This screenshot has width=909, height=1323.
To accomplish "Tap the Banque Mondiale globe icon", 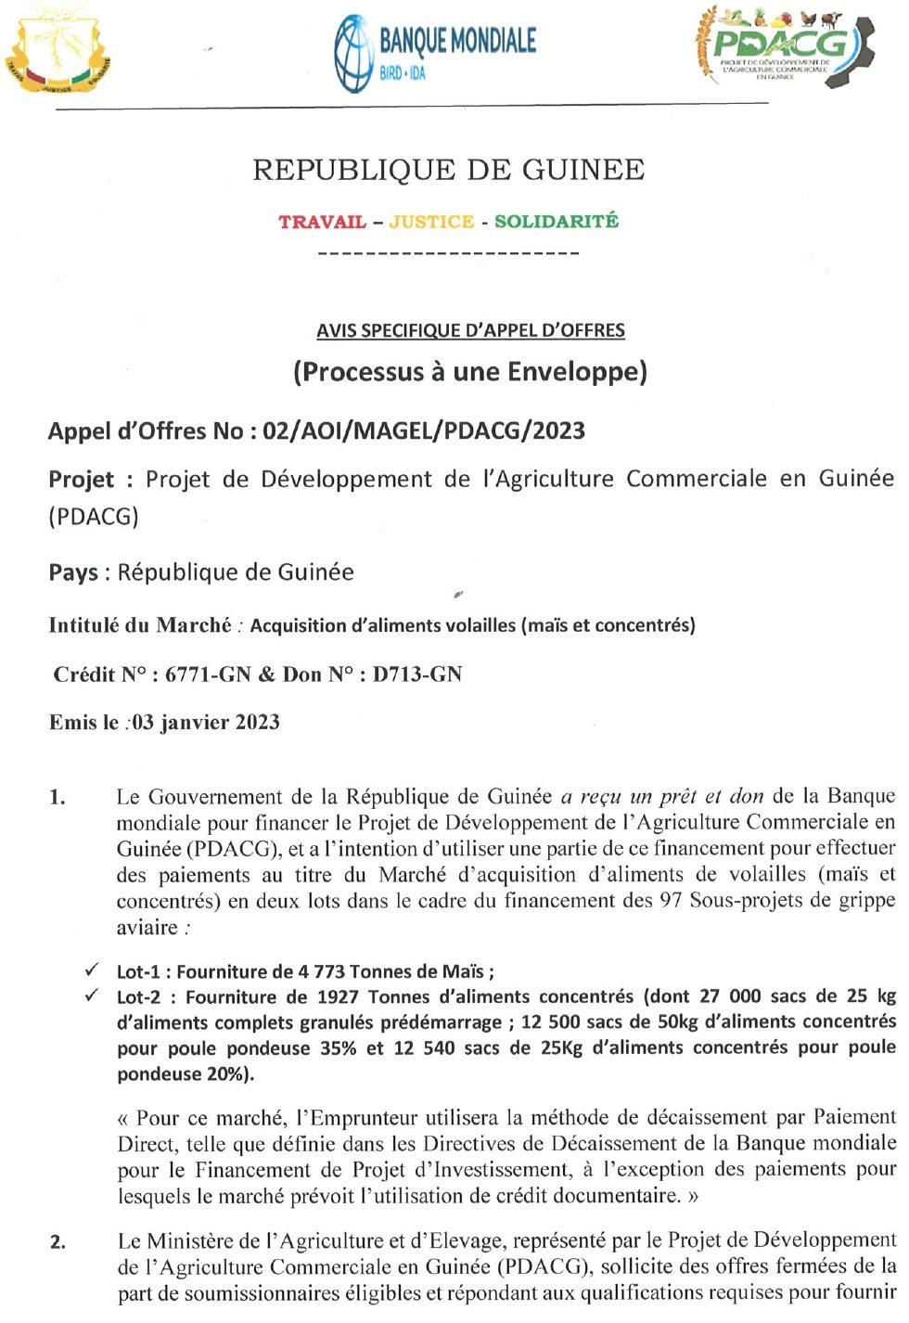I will (352, 54).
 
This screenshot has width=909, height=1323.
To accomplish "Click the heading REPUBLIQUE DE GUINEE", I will (449, 170).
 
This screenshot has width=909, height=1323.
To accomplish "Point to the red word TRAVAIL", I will (322, 222).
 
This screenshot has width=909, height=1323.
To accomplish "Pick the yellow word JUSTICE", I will (431, 222).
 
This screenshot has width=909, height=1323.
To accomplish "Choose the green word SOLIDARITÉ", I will (556, 221).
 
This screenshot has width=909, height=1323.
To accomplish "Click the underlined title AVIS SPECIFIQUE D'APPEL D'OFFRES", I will (470, 330).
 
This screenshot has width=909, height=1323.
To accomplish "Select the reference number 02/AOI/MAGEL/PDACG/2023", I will (424, 430).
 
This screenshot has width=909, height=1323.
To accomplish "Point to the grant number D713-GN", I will (416, 674).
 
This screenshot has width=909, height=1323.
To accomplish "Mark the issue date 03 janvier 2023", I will (205, 722).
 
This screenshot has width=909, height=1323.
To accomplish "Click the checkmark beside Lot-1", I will (92, 970).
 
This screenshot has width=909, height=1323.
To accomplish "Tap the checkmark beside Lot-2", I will (92, 995).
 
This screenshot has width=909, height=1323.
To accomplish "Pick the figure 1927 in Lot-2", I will (338, 996).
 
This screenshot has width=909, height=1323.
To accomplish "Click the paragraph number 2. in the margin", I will (58, 1242).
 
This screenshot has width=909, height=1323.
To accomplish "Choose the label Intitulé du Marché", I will (140, 625).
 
